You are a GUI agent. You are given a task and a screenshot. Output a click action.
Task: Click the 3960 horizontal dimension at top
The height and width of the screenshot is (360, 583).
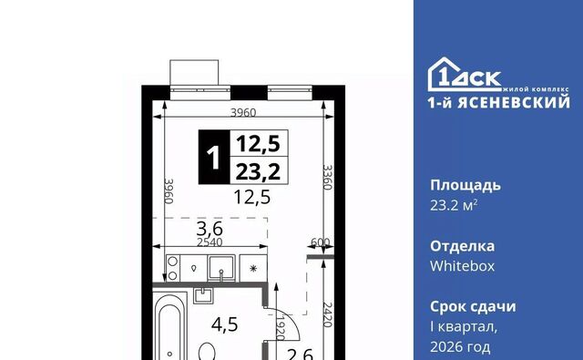pos(243,112)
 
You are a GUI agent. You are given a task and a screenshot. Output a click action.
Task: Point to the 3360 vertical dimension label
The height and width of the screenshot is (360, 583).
pos(327,178)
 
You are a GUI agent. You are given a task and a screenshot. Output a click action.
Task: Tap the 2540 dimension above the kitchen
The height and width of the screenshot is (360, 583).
pos(210,242)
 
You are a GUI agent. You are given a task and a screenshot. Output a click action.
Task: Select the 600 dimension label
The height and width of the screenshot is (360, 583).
pos(320,242)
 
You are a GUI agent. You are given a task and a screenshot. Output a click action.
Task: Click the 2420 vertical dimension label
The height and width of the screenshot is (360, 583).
pos(327,314)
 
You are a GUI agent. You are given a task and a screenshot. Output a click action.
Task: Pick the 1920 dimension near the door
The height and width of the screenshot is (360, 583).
pos(280,328)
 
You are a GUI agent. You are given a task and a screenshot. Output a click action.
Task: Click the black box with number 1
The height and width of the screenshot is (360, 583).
pos(214,157)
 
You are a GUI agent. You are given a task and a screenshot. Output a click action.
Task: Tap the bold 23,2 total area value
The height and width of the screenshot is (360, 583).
pos(258,172)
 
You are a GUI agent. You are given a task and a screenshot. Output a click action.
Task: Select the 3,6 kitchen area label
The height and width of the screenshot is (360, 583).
pos(210,229)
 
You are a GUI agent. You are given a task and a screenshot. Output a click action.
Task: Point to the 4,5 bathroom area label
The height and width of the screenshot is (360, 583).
pos(225,324)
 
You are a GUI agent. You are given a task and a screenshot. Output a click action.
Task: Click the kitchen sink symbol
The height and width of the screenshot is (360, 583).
pos(221,268)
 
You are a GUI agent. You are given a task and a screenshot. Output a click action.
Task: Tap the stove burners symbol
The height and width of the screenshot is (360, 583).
pos(172,268)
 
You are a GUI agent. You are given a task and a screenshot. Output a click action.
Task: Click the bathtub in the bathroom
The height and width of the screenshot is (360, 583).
pos(170,326)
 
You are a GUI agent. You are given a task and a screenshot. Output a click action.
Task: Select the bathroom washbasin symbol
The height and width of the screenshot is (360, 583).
pos(203,295)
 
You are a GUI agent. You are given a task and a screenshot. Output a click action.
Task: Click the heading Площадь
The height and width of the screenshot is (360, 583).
pos(465,186)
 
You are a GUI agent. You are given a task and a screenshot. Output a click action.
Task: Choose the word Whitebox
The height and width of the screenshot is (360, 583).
pos(463,266)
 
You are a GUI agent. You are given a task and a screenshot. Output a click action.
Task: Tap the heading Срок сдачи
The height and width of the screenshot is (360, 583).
pos(473,307)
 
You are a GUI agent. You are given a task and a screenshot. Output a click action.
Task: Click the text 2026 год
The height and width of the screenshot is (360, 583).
pos(460,347)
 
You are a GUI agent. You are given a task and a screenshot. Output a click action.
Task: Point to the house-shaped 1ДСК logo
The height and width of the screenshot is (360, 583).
pos(465,75)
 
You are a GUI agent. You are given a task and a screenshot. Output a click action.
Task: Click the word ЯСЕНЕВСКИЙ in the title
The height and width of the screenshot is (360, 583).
pos(514,103)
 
